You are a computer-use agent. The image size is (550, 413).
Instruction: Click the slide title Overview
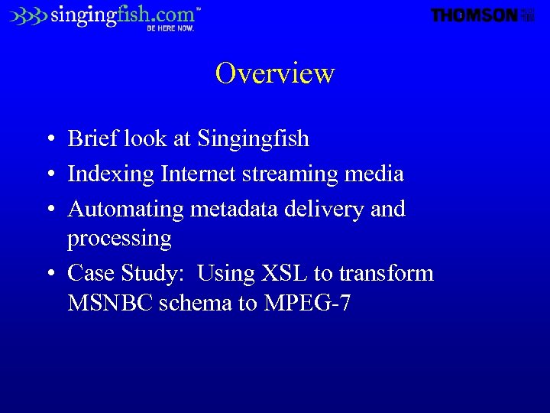[275, 73]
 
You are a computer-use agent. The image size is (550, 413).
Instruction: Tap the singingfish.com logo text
[122, 15]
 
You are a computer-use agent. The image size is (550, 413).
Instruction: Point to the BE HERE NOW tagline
[170, 28]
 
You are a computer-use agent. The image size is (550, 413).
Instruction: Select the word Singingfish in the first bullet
[253, 139]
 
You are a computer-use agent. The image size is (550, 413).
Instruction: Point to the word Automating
[126, 209]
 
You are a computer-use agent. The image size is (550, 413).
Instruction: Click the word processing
[119, 239]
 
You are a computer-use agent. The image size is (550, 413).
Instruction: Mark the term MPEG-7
[307, 303]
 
